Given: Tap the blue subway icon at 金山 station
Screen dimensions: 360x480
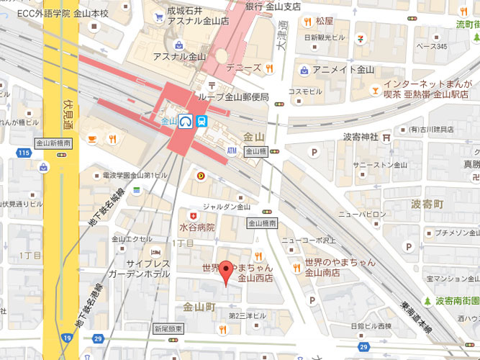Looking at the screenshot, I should pyautogui.click(x=204, y=122).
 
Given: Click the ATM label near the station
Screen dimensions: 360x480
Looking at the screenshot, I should pyautogui.click(x=232, y=151).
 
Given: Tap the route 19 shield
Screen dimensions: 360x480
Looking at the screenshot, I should pyautogui.click(x=67, y=337).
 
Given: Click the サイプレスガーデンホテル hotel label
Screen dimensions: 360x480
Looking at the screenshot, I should pyautogui.click(x=138, y=269).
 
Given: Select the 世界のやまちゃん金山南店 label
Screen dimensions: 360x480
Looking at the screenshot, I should pyautogui.click(x=339, y=267).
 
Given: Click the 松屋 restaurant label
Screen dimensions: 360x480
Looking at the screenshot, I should pyautogui.click(x=325, y=22).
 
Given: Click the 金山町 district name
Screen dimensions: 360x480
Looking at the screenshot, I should pyautogui.click(x=199, y=306).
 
